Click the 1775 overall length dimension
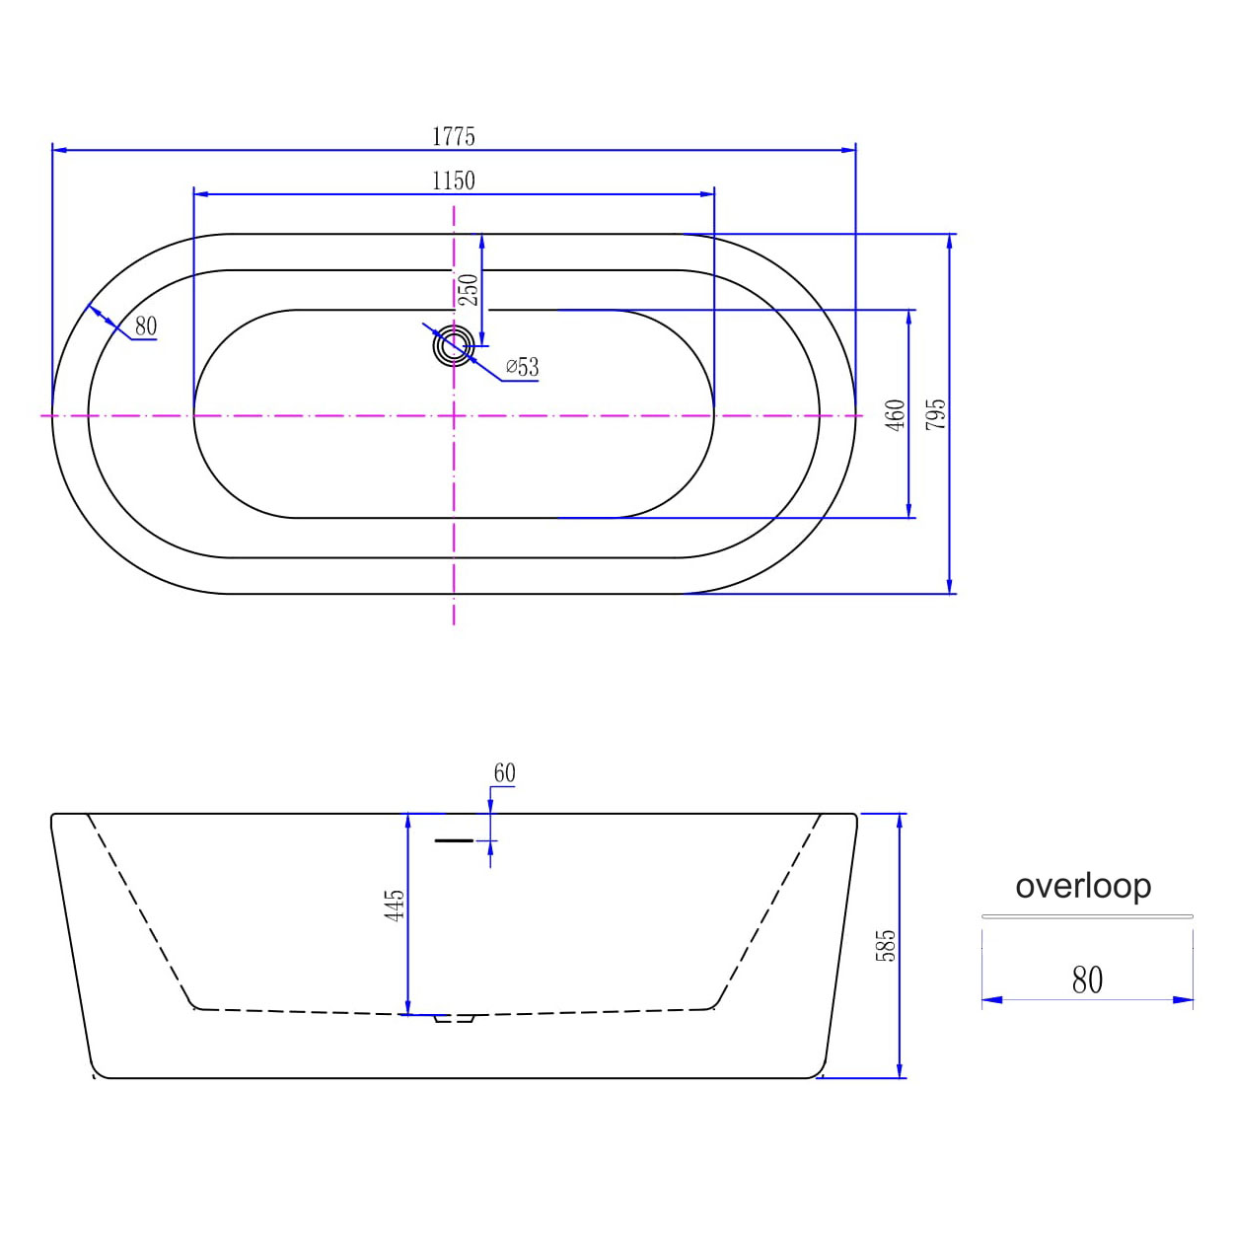(x=453, y=137)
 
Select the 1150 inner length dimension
(x=453, y=181)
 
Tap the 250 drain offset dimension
(x=469, y=289)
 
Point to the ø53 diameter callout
(x=522, y=367)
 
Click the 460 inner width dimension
(x=897, y=414)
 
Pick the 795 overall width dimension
(x=935, y=414)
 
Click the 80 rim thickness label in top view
(x=146, y=326)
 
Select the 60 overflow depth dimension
(x=504, y=773)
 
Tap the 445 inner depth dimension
(x=395, y=905)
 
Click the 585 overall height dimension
(x=885, y=945)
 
